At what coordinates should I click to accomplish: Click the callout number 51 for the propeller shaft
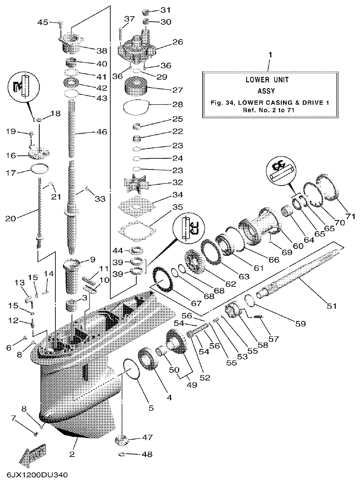tap(331, 306)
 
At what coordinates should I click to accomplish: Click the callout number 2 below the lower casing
tap(72, 453)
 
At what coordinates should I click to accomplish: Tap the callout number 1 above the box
tap(270, 54)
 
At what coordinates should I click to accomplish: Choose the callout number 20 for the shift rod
tap(10, 219)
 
